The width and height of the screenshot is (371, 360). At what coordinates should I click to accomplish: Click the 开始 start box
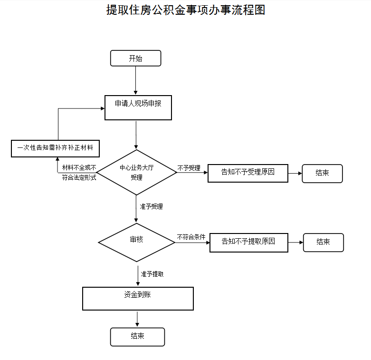[135, 58]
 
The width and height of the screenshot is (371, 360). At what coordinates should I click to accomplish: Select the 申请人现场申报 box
[138, 108]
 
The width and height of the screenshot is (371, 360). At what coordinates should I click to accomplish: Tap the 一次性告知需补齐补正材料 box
[56, 148]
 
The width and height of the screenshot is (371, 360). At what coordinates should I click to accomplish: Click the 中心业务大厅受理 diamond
[136, 173]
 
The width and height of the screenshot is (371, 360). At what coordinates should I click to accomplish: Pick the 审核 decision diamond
[136, 242]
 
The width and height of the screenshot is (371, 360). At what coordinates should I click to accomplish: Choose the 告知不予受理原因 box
[248, 173]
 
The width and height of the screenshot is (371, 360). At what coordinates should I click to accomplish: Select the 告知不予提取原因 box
[249, 243]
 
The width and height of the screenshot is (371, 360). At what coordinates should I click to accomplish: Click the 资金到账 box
[138, 299]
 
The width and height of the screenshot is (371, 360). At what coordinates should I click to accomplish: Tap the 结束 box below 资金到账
[137, 337]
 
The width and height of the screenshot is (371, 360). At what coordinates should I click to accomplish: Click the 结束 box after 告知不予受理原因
[322, 174]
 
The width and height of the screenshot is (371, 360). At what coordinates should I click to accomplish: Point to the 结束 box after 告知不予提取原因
[323, 243]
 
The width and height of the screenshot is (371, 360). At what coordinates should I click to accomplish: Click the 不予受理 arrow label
[189, 168]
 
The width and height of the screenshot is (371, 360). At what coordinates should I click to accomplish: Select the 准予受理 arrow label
[151, 206]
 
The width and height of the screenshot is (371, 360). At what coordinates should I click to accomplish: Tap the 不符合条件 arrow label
[191, 237]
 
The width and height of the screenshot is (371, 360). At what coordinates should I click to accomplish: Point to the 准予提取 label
[152, 274]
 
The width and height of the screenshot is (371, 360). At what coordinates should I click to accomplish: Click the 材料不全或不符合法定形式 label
[79, 173]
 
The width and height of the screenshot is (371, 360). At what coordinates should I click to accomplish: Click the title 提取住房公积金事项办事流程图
[185, 10]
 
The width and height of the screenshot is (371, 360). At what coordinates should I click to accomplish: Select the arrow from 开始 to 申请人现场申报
[135, 80]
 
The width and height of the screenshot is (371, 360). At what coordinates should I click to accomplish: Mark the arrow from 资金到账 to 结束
[137, 319]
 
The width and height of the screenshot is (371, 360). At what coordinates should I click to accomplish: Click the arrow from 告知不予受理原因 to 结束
[295, 174]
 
